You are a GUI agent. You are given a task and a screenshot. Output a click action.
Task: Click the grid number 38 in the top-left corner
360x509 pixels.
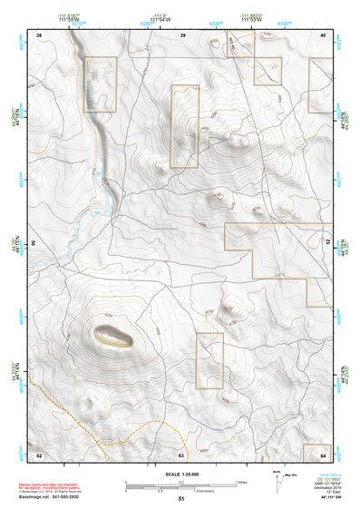click(39, 34)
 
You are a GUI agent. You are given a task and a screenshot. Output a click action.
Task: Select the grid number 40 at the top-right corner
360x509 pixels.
click(324, 34)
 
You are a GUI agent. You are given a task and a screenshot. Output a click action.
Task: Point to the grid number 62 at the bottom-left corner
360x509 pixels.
click(39, 454)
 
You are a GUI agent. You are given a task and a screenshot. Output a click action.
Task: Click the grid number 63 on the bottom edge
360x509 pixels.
click(181, 454)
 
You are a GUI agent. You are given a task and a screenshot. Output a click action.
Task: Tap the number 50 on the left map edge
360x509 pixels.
click(34, 243)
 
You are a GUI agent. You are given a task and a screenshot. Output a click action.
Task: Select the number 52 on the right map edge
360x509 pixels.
click(327, 243)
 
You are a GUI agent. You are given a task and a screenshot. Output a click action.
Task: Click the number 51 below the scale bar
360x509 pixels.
click(181, 499)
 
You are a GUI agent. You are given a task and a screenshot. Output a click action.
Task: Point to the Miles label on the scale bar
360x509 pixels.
click(241, 482)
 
